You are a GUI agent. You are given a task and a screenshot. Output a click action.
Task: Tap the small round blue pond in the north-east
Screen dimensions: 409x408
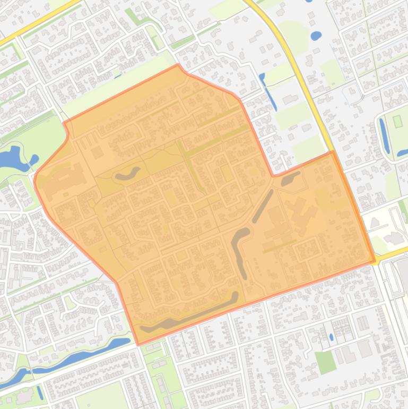click(x=316, y=36)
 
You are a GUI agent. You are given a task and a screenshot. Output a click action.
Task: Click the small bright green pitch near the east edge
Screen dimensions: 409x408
click(x=398, y=121)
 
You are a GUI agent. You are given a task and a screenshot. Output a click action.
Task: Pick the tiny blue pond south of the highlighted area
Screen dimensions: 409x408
click(x=332, y=336)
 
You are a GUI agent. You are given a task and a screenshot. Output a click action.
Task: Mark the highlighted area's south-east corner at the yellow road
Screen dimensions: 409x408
click(x=375, y=262)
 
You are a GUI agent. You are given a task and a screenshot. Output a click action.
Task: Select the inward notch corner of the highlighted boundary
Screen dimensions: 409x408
click(x=273, y=175)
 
